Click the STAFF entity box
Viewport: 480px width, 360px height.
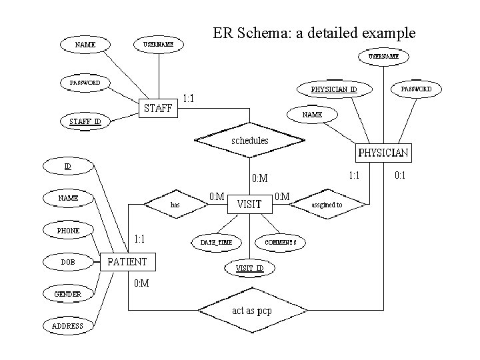click(159, 108)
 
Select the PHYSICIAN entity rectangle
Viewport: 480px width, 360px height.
click(383, 153)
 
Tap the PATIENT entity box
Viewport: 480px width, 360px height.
click(127, 261)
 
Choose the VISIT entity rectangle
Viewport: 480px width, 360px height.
click(249, 204)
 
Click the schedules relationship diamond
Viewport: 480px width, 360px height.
click(249, 141)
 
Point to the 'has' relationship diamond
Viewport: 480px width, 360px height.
click(175, 205)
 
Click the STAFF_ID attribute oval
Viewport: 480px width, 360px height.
click(85, 121)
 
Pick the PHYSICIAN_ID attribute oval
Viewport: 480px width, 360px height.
click(334, 89)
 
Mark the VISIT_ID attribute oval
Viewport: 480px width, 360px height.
click(250, 268)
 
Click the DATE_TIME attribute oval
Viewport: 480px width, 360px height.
click(217, 242)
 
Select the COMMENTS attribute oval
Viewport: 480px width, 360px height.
click(280, 242)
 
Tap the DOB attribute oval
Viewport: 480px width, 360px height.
click(68, 262)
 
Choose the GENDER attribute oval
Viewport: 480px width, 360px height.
click(68, 293)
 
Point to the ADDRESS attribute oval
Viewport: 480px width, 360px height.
click(68, 326)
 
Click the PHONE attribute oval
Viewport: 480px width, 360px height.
click(68, 231)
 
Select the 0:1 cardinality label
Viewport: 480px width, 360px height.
click(401, 175)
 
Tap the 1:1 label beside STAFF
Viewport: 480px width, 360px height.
click(189, 99)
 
